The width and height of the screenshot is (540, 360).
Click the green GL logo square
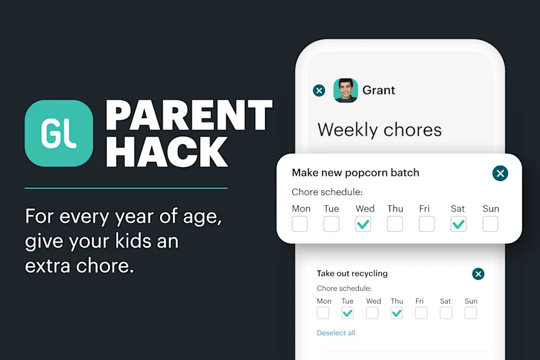pos(58,133)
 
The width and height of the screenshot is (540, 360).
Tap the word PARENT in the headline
pos(189,116)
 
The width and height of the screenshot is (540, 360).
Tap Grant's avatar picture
pos(346,90)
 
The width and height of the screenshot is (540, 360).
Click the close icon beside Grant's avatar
pos(320,90)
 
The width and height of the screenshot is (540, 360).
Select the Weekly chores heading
pos(379,130)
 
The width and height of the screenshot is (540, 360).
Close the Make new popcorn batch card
pos(500,173)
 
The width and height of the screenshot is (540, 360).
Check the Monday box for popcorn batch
pos(300,223)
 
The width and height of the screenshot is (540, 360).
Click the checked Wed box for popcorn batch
pos(363,223)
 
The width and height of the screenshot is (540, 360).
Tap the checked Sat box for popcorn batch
pos(458,223)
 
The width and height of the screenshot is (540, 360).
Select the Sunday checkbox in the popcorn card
pos(490,223)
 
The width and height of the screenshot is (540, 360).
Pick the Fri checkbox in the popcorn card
pos(426,223)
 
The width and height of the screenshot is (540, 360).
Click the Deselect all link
pos(336,333)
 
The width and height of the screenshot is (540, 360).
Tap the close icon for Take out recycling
pos(478,274)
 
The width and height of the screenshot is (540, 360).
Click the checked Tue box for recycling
pos(348,312)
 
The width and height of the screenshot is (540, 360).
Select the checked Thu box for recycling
pos(396,312)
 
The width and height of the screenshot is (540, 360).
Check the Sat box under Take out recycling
pos(446,312)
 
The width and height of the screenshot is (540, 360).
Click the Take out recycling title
pos(352,274)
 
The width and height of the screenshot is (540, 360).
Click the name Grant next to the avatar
pos(379,90)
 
